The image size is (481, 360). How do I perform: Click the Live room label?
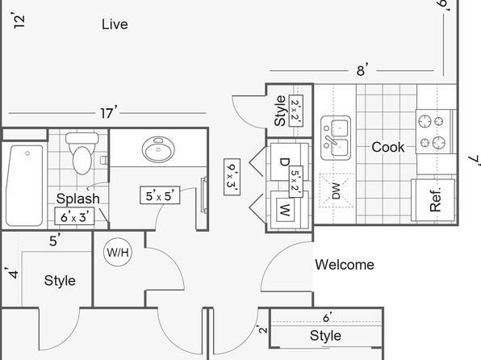tap(115, 24)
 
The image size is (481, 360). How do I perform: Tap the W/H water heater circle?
tap(118, 253)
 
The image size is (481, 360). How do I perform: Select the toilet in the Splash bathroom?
tap(82, 153)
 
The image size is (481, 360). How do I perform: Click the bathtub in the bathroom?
tap(24, 186)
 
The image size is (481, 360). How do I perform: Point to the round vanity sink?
tap(158, 149)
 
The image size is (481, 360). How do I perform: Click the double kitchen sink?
tap(336, 138)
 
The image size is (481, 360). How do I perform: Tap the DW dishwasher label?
tap(337, 190)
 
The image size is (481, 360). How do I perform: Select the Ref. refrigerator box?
tap(433, 200)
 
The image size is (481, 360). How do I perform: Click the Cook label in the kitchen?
tap(388, 148)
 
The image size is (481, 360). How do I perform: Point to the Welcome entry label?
tap(345, 265)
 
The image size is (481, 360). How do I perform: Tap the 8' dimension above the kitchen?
tap(362, 70)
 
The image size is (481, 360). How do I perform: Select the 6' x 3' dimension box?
tap(74, 216)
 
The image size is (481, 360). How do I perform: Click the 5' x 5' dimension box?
tap(160, 195)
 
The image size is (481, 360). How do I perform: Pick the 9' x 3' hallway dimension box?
tap(232, 177)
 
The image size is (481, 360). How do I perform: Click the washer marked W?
tap(285, 210)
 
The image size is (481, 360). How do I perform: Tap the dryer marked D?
tap(285, 161)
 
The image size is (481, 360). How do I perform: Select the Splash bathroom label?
tap(78, 199)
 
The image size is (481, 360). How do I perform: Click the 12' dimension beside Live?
tap(19, 20)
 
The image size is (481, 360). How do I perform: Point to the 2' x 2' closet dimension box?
tap(296, 111)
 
